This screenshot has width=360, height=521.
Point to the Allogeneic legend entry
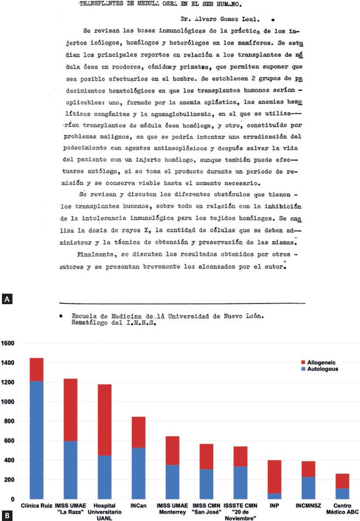316,363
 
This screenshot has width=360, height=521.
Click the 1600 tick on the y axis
8,344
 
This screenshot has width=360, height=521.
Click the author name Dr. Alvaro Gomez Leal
222,19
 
